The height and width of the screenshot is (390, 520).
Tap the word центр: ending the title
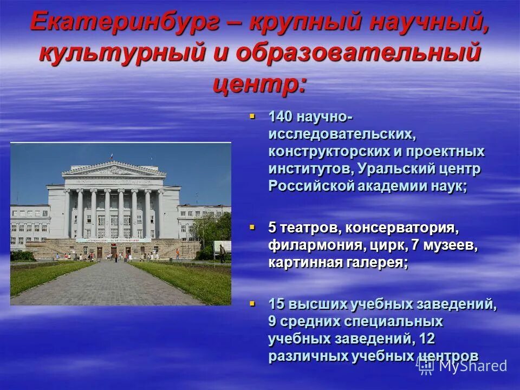(259, 83)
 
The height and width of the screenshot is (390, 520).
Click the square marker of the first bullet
(252, 115)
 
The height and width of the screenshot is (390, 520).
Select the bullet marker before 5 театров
(252, 228)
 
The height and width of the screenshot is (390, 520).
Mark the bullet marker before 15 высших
(252, 303)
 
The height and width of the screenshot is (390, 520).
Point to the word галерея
(377, 263)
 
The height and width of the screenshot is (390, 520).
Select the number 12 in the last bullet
(427, 339)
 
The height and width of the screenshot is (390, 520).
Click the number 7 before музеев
(415, 245)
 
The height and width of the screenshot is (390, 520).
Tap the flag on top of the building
(111, 157)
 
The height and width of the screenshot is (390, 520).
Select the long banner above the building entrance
(113, 240)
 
